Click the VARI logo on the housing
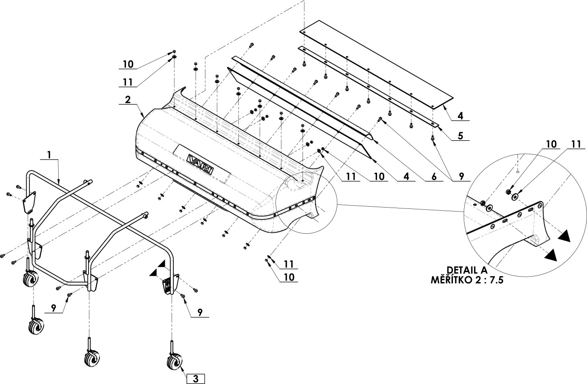pyautogui.click(x=200, y=164)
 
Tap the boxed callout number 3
pyautogui.click(x=196, y=379)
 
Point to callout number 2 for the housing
pyautogui.click(x=128, y=100)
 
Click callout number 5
pyautogui.click(x=461, y=136)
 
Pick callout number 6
pyautogui.click(x=434, y=176)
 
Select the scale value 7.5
pyautogui.click(x=496, y=280)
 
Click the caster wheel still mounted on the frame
pyautogui.click(x=31, y=279)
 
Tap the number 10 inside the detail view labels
pyautogui.click(x=551, y=144)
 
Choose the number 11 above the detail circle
pyautogui.click(x=576, y=144)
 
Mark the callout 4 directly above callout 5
pyautogui.click(x=461, y=116)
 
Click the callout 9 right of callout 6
pyautogui.click(x=461, y=176)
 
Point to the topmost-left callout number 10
pyautogui.click(x=128, y=64)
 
